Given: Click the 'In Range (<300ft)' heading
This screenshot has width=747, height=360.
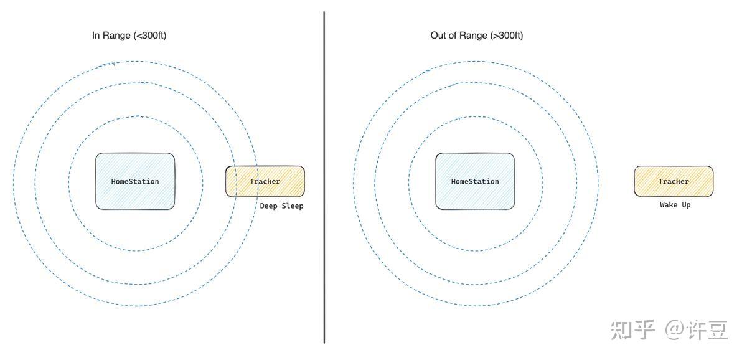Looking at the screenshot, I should (x=129, y=36).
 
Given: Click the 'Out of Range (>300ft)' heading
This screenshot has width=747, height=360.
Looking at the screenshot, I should (x=476, y=36).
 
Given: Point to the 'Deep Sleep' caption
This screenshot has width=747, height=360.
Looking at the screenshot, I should (x=282, y=206).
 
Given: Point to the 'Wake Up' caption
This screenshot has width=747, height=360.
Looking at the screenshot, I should (x=675, y=205).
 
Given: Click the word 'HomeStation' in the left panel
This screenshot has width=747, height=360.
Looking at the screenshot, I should (x=135, y=182).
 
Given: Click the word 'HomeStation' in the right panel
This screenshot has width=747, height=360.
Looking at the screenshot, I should (x=475, y=182).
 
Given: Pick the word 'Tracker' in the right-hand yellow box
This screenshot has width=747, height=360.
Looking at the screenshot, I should (x=674, y=182).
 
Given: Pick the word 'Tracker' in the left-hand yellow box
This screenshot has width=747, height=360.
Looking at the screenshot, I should (x=265, y=182).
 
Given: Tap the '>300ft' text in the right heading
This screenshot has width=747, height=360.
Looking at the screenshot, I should (x=507, y=36).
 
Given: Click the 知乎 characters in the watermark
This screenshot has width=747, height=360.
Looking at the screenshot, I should (x=632, y=329).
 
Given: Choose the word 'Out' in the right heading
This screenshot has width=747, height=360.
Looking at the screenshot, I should (x=438, y=36).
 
